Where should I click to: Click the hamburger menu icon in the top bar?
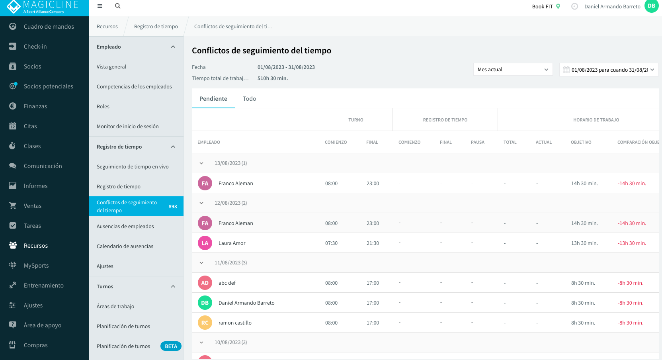click(x=100, y=6)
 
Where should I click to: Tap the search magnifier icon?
click(x=117, y=6)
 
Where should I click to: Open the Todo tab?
click(x=250, y=99)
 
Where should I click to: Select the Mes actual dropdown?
click(x=513, y=69)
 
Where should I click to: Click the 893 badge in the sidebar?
click(x=173, y=207)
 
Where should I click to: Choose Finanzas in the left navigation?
click(x=35, y=106)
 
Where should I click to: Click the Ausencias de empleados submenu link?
click(x=125, y=227)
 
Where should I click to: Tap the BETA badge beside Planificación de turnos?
click(x=171, y=346)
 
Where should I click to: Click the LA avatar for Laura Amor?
click(x=205, y=243)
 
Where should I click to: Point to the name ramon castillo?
click(x=235, y=323)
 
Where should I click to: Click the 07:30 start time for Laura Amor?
click(x=331, y=243)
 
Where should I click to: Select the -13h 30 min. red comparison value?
click(x=632, y=243)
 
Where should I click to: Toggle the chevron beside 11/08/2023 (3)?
click(x=201, y=263)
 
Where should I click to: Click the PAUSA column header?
click(x=478, y=142)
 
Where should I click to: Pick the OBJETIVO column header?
click(x=581, y=142)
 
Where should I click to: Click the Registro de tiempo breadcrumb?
click(x=156, y=26)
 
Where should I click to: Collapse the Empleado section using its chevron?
click(x=173, y=47)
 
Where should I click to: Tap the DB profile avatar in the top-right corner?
click(x=651, y=6)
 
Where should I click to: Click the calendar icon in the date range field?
click(x=566, y=70)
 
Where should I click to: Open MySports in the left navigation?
click(x=36, y=265)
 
